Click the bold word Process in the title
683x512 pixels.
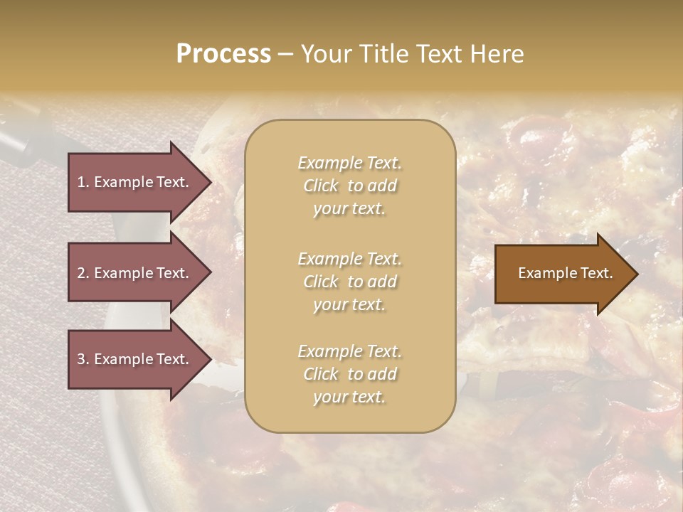point(223,54)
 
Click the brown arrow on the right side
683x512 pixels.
point(562,273)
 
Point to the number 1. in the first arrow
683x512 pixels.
point(83,182)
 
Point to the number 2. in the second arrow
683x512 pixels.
point(83,273)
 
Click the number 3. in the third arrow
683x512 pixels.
point(83,359)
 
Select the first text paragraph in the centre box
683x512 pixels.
point(349,186)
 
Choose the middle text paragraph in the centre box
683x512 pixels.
point(349,282)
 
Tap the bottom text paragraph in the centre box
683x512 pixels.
point(349,374)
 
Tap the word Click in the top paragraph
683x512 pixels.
point(321,186)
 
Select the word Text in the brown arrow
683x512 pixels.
point(597,273)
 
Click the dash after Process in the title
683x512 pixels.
point(285,54)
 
